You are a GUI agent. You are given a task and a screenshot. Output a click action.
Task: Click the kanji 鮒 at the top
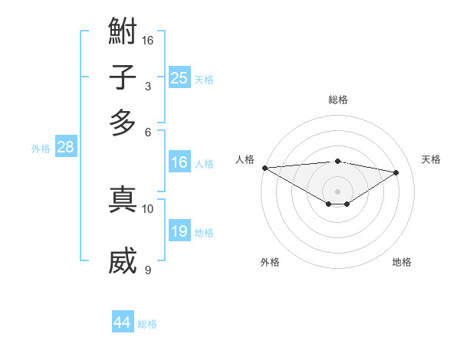tap(123, 34)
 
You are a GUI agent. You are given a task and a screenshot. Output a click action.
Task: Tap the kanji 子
tap(123, 78)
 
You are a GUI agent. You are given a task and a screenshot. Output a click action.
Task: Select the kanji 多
tap(123, 123)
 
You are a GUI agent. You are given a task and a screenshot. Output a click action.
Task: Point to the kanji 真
tap(123, 199)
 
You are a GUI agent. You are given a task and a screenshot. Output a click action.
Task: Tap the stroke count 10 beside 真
tap(148, 208)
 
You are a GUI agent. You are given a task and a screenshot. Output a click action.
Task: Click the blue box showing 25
tap(179, 78)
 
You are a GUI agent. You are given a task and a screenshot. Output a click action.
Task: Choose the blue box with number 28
tap(65, 148)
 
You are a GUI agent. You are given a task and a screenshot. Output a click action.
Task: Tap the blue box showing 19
tap(179, 231)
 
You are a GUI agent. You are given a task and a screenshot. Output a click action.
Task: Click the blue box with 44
tap(123, 322)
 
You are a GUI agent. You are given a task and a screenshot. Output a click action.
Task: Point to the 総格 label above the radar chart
tap(338, 100)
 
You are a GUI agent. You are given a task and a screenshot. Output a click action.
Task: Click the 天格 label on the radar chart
tap(431, 159)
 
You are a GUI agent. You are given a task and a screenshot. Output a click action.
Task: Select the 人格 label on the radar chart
tap(245, 159)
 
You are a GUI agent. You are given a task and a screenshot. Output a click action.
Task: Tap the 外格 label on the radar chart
tap(270, 262)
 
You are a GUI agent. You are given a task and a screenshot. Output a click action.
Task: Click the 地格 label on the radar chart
tap(402, 262)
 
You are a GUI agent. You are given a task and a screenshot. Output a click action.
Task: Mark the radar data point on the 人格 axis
tap(264, 168)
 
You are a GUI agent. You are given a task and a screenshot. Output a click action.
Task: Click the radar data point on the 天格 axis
tap(396, 172)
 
